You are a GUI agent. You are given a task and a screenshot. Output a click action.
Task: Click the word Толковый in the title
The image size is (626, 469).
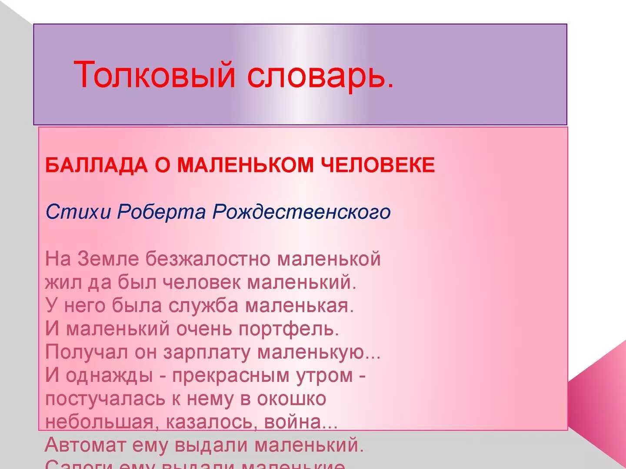coord(154,75)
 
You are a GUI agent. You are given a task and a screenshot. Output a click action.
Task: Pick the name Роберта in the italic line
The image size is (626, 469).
coord(161,212)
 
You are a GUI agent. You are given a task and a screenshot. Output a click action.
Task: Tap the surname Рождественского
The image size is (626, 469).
coord(301,212)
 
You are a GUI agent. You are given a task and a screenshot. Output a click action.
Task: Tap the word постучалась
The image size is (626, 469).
coord(105,399)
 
